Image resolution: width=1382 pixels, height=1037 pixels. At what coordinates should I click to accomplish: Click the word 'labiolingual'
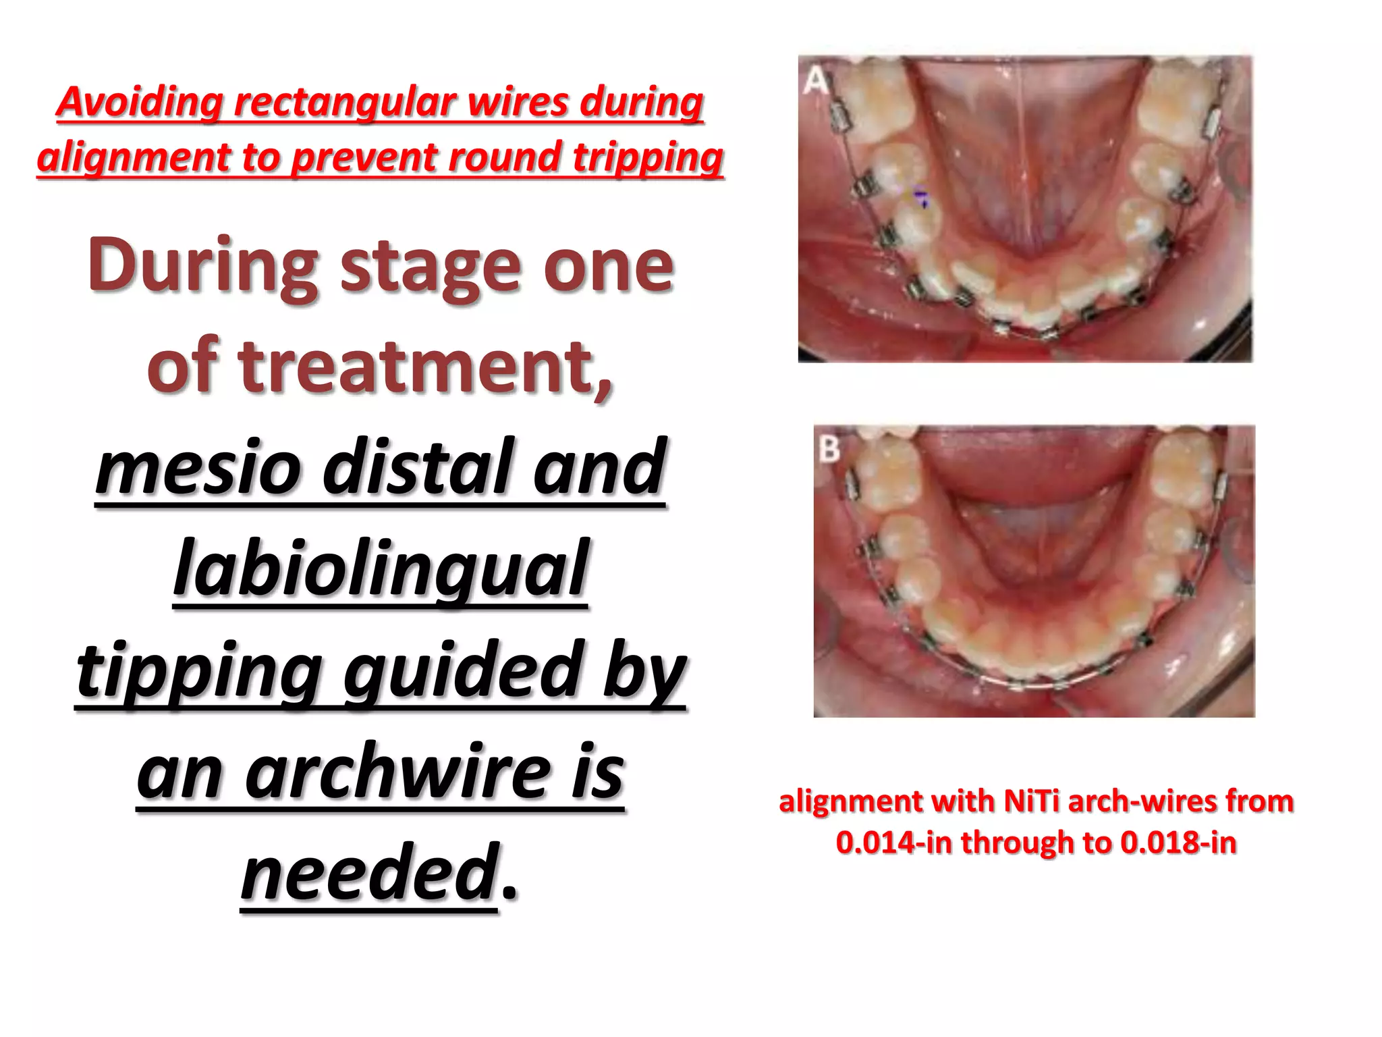tap(381, 568)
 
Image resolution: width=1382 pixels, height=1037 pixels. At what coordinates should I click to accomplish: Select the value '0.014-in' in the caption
tap(893, 843)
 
